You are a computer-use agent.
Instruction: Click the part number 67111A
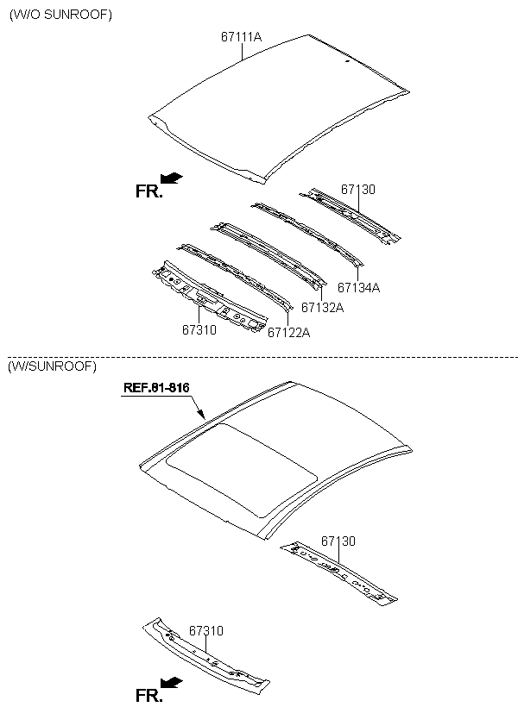[x=241, y=36]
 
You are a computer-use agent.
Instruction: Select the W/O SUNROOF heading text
[x=60, y=15]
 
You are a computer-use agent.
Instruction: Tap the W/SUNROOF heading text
[x=52, y=366]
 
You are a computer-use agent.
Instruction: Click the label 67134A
[x=358, y=287]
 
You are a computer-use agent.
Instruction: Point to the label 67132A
[x=322, y=308]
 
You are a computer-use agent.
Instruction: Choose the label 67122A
[x=289, y=332]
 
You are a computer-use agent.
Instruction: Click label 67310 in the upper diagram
[x=199, y=329]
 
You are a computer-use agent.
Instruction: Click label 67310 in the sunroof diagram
[x=206, y=630]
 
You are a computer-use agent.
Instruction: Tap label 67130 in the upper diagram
[x=358, y=190]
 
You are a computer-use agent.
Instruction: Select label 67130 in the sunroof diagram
[x=338, y=541]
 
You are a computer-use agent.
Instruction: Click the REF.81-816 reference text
[x=156, y=387]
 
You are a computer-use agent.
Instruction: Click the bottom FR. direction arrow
[x=172, y=683]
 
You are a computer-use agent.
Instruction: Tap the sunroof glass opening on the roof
[x=241, y=469]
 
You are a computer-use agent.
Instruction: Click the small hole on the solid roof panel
[x=347, y=61]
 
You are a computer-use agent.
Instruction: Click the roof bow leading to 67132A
[x=268, y=254]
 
